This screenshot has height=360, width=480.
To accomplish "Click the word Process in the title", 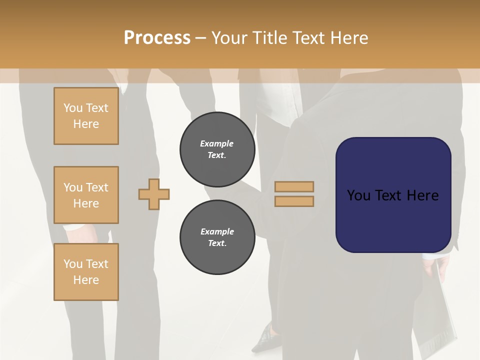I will [157, 38].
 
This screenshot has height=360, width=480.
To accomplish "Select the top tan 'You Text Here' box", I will [86, 116].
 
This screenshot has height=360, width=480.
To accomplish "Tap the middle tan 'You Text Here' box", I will [86, 195].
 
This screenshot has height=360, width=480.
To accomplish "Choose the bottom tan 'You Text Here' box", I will [86, 272].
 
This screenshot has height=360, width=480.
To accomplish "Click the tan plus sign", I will [154, 194].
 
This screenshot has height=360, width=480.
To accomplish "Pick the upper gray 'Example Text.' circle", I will [217, 149].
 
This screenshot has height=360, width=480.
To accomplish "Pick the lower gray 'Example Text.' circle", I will [217, 237].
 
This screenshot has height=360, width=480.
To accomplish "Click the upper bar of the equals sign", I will [294, 186].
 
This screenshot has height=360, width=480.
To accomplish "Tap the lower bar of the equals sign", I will [294, 201].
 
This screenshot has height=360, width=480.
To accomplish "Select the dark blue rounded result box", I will [393, 195].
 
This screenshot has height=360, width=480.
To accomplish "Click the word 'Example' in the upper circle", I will [217, 143].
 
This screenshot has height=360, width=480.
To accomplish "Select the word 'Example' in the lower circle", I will [217, 231].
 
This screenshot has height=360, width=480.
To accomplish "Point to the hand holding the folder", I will [431, 267].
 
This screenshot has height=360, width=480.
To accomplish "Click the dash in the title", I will [201, 38].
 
